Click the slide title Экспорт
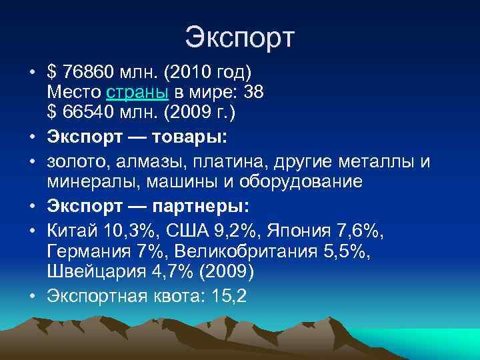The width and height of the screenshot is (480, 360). click(239, 37)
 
